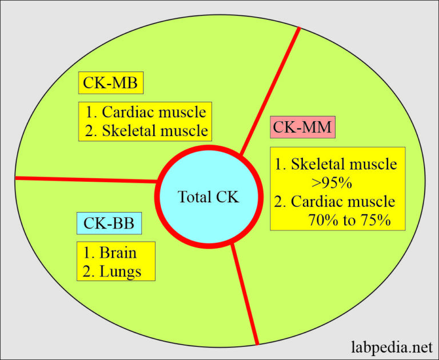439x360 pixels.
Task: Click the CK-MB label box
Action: coord(111,84)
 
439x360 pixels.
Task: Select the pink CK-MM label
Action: coord(302,127)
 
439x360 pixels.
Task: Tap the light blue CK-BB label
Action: coord(108,222)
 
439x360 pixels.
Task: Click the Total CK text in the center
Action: coord(208,197)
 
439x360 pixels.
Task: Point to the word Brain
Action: coord(118,251)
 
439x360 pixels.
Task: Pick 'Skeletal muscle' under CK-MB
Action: coord(155,130)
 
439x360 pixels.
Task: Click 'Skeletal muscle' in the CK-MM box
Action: coord(344,165)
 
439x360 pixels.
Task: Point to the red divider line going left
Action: coord(86,179)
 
